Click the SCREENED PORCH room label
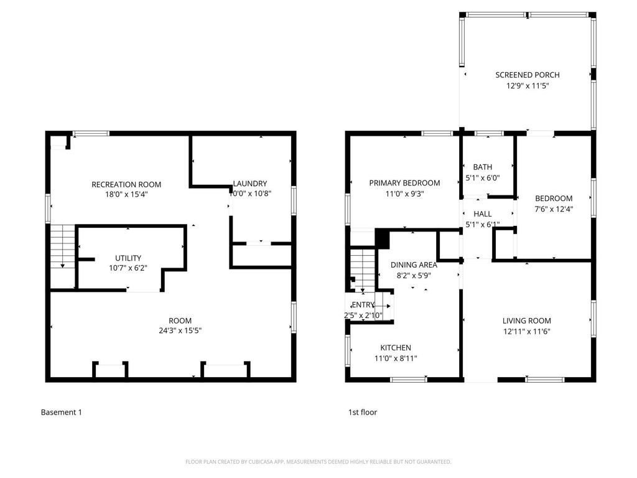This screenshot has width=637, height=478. coord(527,75)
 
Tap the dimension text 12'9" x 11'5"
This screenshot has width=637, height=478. coord(527,86)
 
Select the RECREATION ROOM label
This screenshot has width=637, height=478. coord(126,184)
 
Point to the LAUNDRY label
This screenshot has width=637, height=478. coord(250,184)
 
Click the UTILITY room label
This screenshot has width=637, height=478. coord(128,258)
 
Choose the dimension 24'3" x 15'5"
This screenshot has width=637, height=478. coord(180,331)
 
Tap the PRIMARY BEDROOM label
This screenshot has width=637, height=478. coord(404,183)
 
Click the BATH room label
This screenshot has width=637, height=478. coord(482,167)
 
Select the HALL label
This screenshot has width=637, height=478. coord(482,213)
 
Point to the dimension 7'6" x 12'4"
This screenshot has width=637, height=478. coord(554,209)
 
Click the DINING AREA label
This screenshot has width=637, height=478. coord(414,265)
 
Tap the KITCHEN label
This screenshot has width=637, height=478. coord(396,347)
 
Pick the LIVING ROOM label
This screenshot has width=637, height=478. coord(527,321)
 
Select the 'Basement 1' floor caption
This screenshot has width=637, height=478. coord(61,412)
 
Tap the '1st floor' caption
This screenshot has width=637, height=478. coord(363,412)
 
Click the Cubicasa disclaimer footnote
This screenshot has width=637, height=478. coord(318,462)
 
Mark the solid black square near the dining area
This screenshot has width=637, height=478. coord(383,238)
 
